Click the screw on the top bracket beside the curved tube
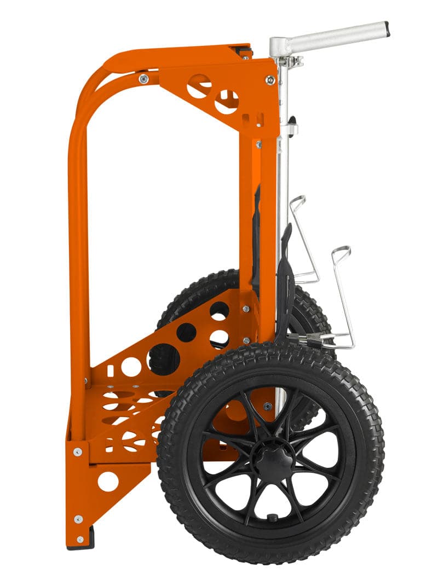(143, 79)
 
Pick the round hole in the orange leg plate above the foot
(108, 481)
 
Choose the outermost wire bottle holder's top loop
(341, 252)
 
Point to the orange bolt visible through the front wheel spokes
(267, 406)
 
